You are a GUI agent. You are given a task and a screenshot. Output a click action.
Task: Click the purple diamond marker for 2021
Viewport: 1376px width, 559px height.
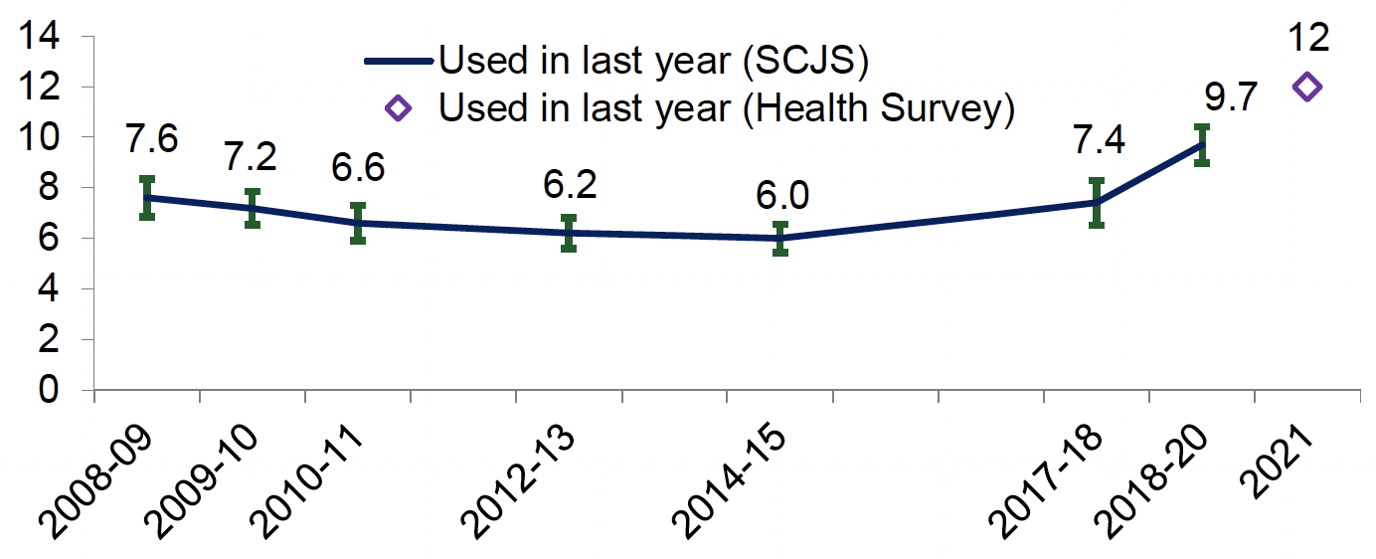tap(1306, 87)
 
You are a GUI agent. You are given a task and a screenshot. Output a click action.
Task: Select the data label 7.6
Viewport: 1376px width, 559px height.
tap(151, 139)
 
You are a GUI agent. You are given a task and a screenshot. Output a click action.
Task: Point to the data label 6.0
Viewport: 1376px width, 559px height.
tap(781, 195)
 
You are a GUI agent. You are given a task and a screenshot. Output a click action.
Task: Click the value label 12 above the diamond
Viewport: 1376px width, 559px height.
tap(1306, 37)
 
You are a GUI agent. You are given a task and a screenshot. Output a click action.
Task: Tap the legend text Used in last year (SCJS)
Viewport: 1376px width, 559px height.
tap(653, 60)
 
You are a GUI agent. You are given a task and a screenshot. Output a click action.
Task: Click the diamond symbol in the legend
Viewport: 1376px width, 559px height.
tap(398, 108)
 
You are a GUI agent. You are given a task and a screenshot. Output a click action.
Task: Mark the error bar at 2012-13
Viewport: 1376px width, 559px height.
tap(569, 233)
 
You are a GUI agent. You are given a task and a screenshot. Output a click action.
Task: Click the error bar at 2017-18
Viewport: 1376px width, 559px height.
tap(1097, 203)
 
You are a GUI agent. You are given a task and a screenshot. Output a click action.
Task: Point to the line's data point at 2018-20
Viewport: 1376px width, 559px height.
tap(1202, 144)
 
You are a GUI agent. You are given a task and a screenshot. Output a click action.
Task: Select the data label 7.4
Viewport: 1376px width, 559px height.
tap(1100, 140)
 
